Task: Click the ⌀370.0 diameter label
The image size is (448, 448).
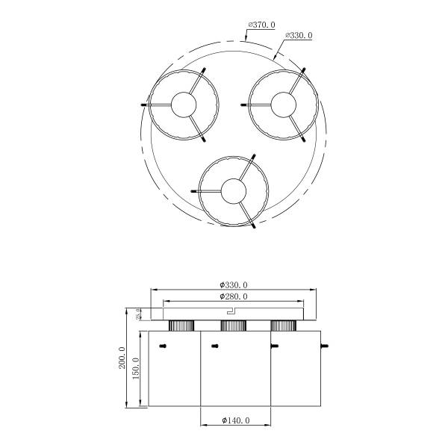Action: [262, 25]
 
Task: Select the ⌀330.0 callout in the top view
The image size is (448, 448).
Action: [299, 36]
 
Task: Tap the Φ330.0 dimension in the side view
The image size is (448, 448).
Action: [234, 285]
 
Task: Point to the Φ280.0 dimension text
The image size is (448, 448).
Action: [234, 296]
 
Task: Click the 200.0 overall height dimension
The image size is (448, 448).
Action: [122, 358]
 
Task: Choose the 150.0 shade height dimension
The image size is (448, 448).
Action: [136, 369]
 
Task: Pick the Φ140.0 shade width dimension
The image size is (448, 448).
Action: [236, 420]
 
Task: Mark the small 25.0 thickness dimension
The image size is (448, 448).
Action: [138, 314]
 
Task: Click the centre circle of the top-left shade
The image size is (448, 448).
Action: [184, 105]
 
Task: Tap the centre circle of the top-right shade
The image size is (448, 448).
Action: [283, 105]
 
